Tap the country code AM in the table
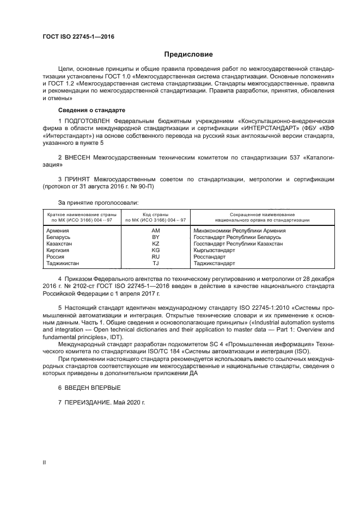(155, 230)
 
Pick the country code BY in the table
(155, 237)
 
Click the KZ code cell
(155, 244)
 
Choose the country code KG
(155, 250)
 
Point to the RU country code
(155, 257)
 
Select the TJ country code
(155, 263)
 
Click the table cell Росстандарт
(209, 257)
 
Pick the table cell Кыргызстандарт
(213, 250)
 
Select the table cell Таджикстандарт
(214, 263)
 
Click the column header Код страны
(155, 214)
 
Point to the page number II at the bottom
(44, 462)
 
